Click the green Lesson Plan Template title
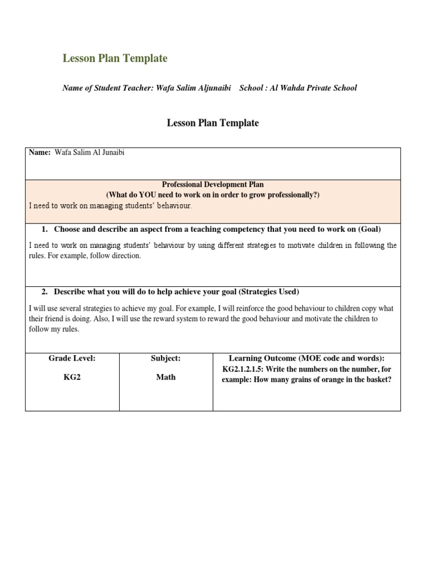[115, 58]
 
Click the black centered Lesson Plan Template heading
[212, 123]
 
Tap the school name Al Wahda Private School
[313, 88]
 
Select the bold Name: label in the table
[39, 153]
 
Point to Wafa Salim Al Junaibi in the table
[89, 153]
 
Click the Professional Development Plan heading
[212, 184]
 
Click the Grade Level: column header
[72, 358]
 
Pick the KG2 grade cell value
[72, 377]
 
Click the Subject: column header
[166, 358]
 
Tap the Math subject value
[166, 377]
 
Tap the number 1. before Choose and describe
[45, 229]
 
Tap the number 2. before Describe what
[45, 292]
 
